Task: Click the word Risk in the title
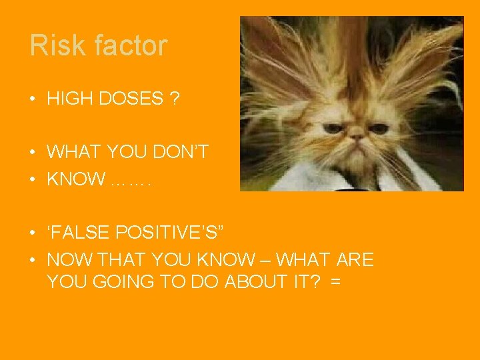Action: [x=53, y=45]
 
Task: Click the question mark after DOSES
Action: [x=174, y=99]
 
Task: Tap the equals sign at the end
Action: [x=335, y=281]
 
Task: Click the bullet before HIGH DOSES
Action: [x=33, y=99]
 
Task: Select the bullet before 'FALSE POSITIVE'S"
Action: [x=33, y=233]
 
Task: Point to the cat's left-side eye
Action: [x=332, y=127]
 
